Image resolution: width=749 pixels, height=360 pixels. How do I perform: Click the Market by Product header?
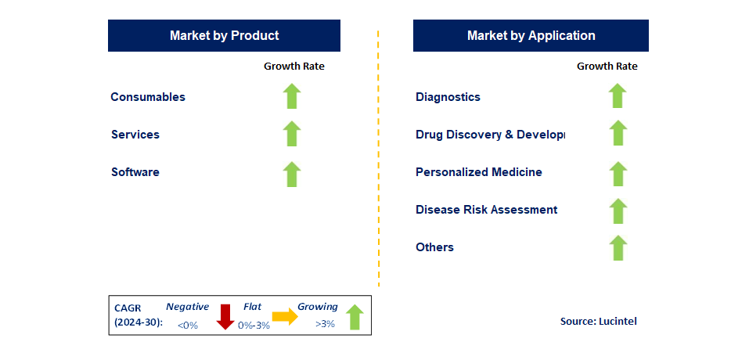pos(224,35)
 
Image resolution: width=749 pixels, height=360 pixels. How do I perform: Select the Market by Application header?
pos(531,35)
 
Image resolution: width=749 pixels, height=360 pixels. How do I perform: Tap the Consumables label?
pos(148,97)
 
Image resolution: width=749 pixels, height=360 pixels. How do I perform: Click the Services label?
pos(135,135)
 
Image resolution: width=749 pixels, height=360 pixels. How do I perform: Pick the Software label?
pos(135,172)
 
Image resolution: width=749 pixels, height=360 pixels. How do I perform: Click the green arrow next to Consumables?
pos(292,96)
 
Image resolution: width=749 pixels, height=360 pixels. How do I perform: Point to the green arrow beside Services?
pos(292,134)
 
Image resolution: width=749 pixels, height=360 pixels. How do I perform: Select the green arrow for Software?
pos(292,174)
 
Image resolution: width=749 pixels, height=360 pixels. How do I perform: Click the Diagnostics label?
pos(448,97)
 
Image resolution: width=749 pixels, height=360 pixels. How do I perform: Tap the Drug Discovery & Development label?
pos(490,135)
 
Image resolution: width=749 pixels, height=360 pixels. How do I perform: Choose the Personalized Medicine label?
pos(479,172)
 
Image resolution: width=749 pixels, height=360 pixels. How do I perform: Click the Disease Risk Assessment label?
pos(486,210)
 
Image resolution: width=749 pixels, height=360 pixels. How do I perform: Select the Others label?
pos(434,247)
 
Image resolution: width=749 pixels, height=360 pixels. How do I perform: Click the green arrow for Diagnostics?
pos(618,96)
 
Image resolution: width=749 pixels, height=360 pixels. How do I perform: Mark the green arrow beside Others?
pos(618,247)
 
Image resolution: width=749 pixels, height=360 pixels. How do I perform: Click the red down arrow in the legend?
pos(225,316)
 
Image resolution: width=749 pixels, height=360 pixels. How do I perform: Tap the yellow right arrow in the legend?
pos(284,317)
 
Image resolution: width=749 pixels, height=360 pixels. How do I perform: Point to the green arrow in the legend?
pos(355,317)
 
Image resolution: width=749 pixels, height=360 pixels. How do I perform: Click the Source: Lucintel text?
pos(598,322)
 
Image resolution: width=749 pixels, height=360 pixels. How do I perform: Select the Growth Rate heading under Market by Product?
pos(293,67)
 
